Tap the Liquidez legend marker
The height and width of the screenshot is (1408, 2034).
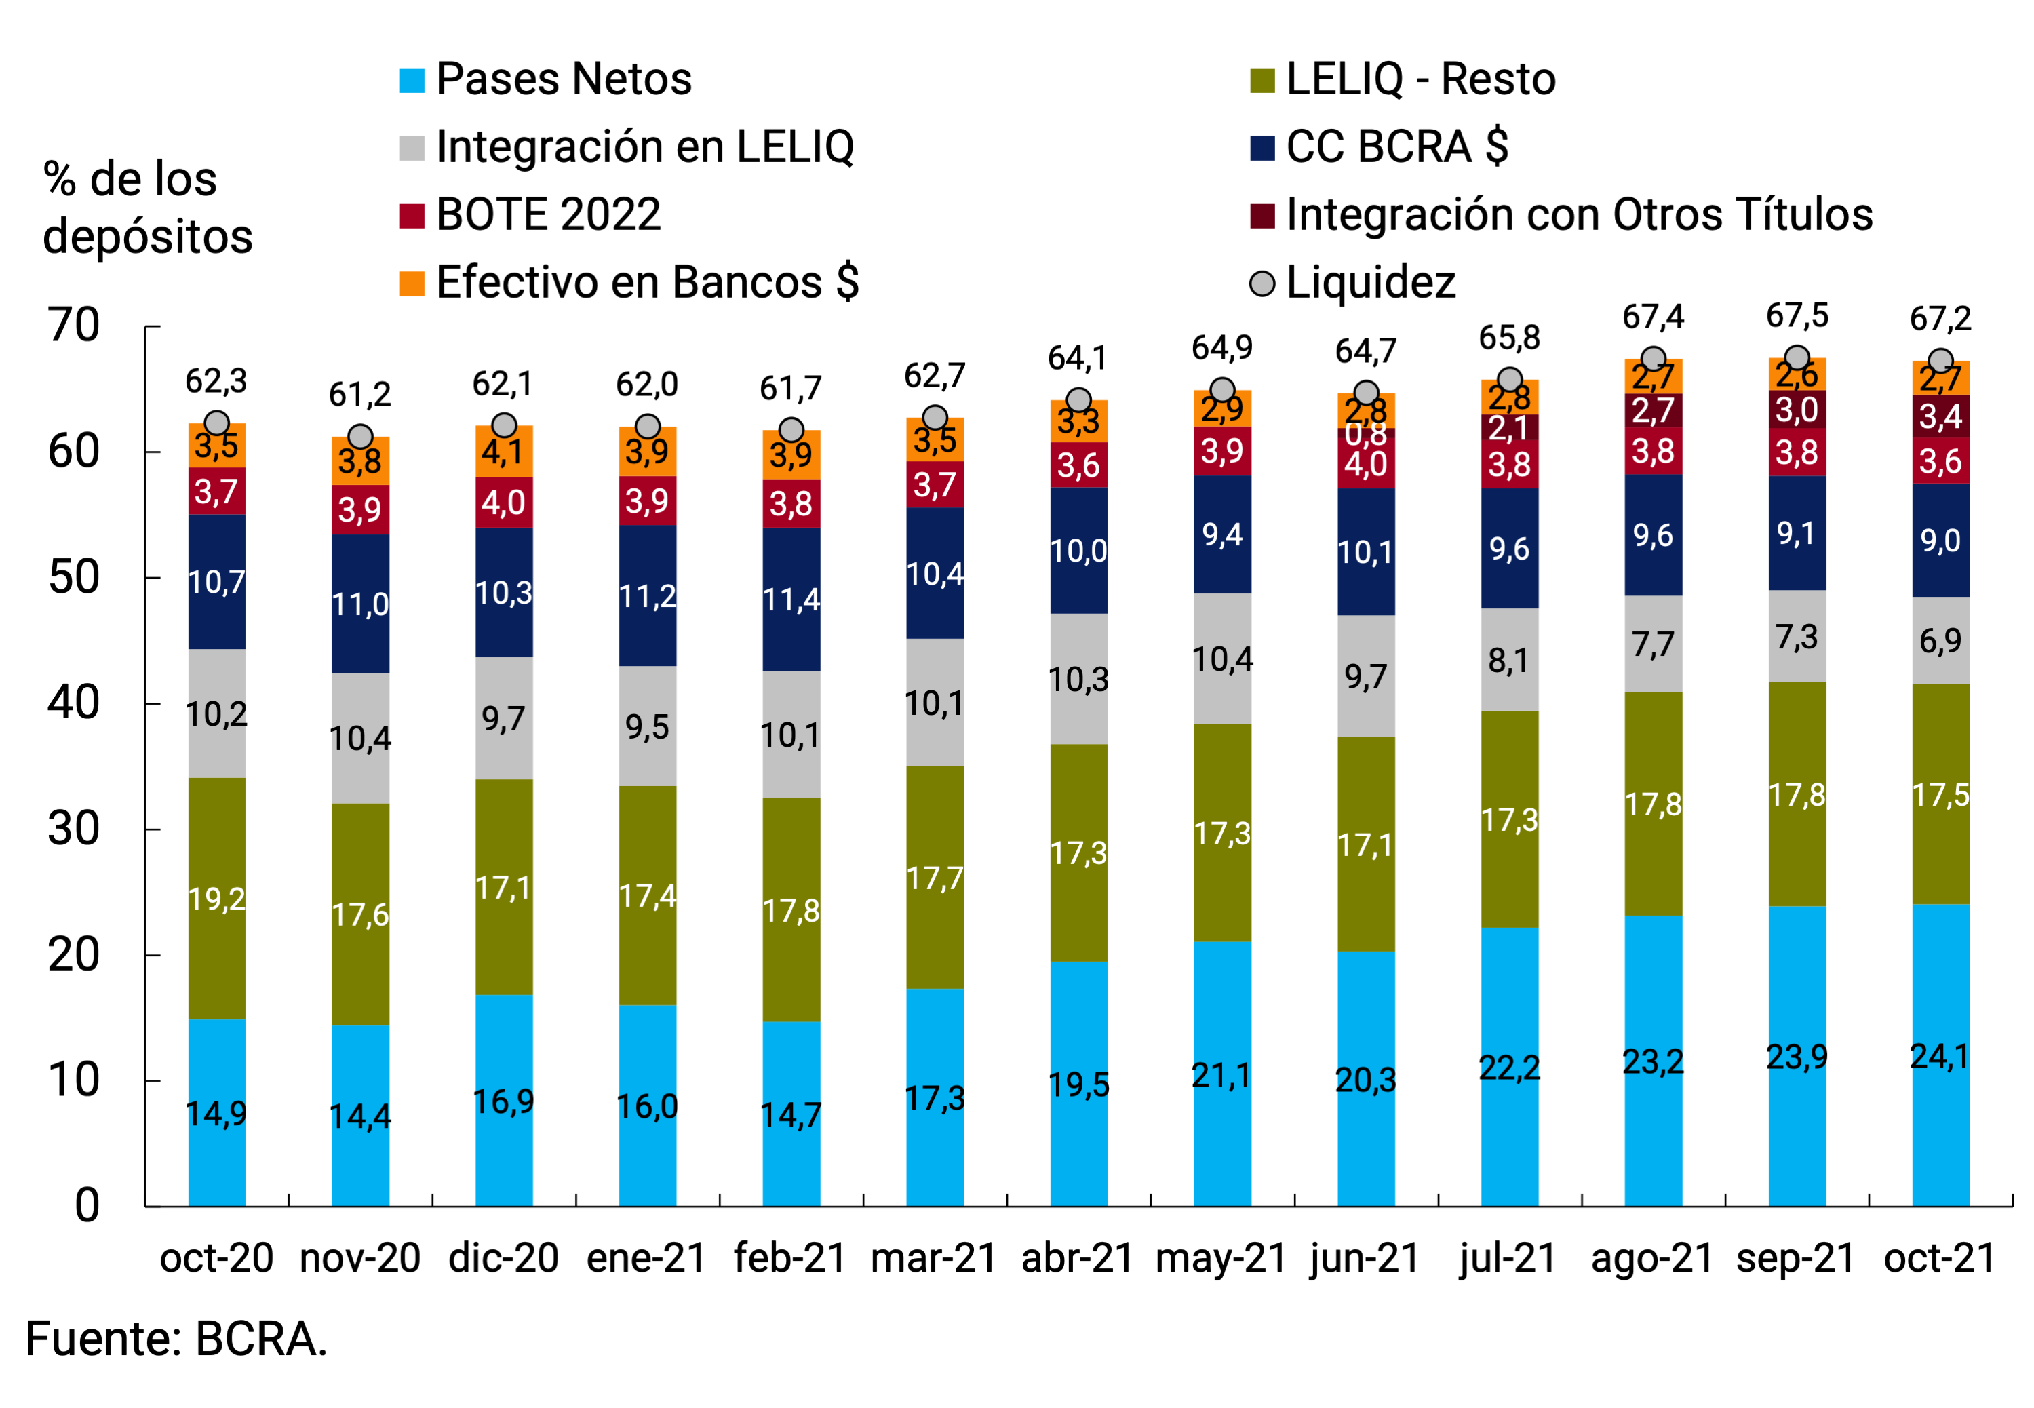pyautogui.click(x=1262, y=283)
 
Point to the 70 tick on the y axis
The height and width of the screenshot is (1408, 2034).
pyautogui.click(x=74, y=326)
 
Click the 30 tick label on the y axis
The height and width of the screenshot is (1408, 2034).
pyautogui.click(x=74, y=829)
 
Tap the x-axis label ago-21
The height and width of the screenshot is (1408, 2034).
pyautogui.click(x=1651, y=1257)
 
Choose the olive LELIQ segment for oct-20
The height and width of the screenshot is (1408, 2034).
pyautogui.click(x=217, y=898)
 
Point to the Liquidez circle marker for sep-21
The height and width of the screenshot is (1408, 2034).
pyautogui.click(x=1797, y=358)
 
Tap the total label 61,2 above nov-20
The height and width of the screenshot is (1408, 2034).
pyautogui.click(x=360, y=394)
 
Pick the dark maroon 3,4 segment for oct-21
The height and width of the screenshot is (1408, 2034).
pyautogui.click(x=1940, y=416)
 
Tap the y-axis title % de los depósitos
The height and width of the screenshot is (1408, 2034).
pyautogui.click(x=147, y=208)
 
